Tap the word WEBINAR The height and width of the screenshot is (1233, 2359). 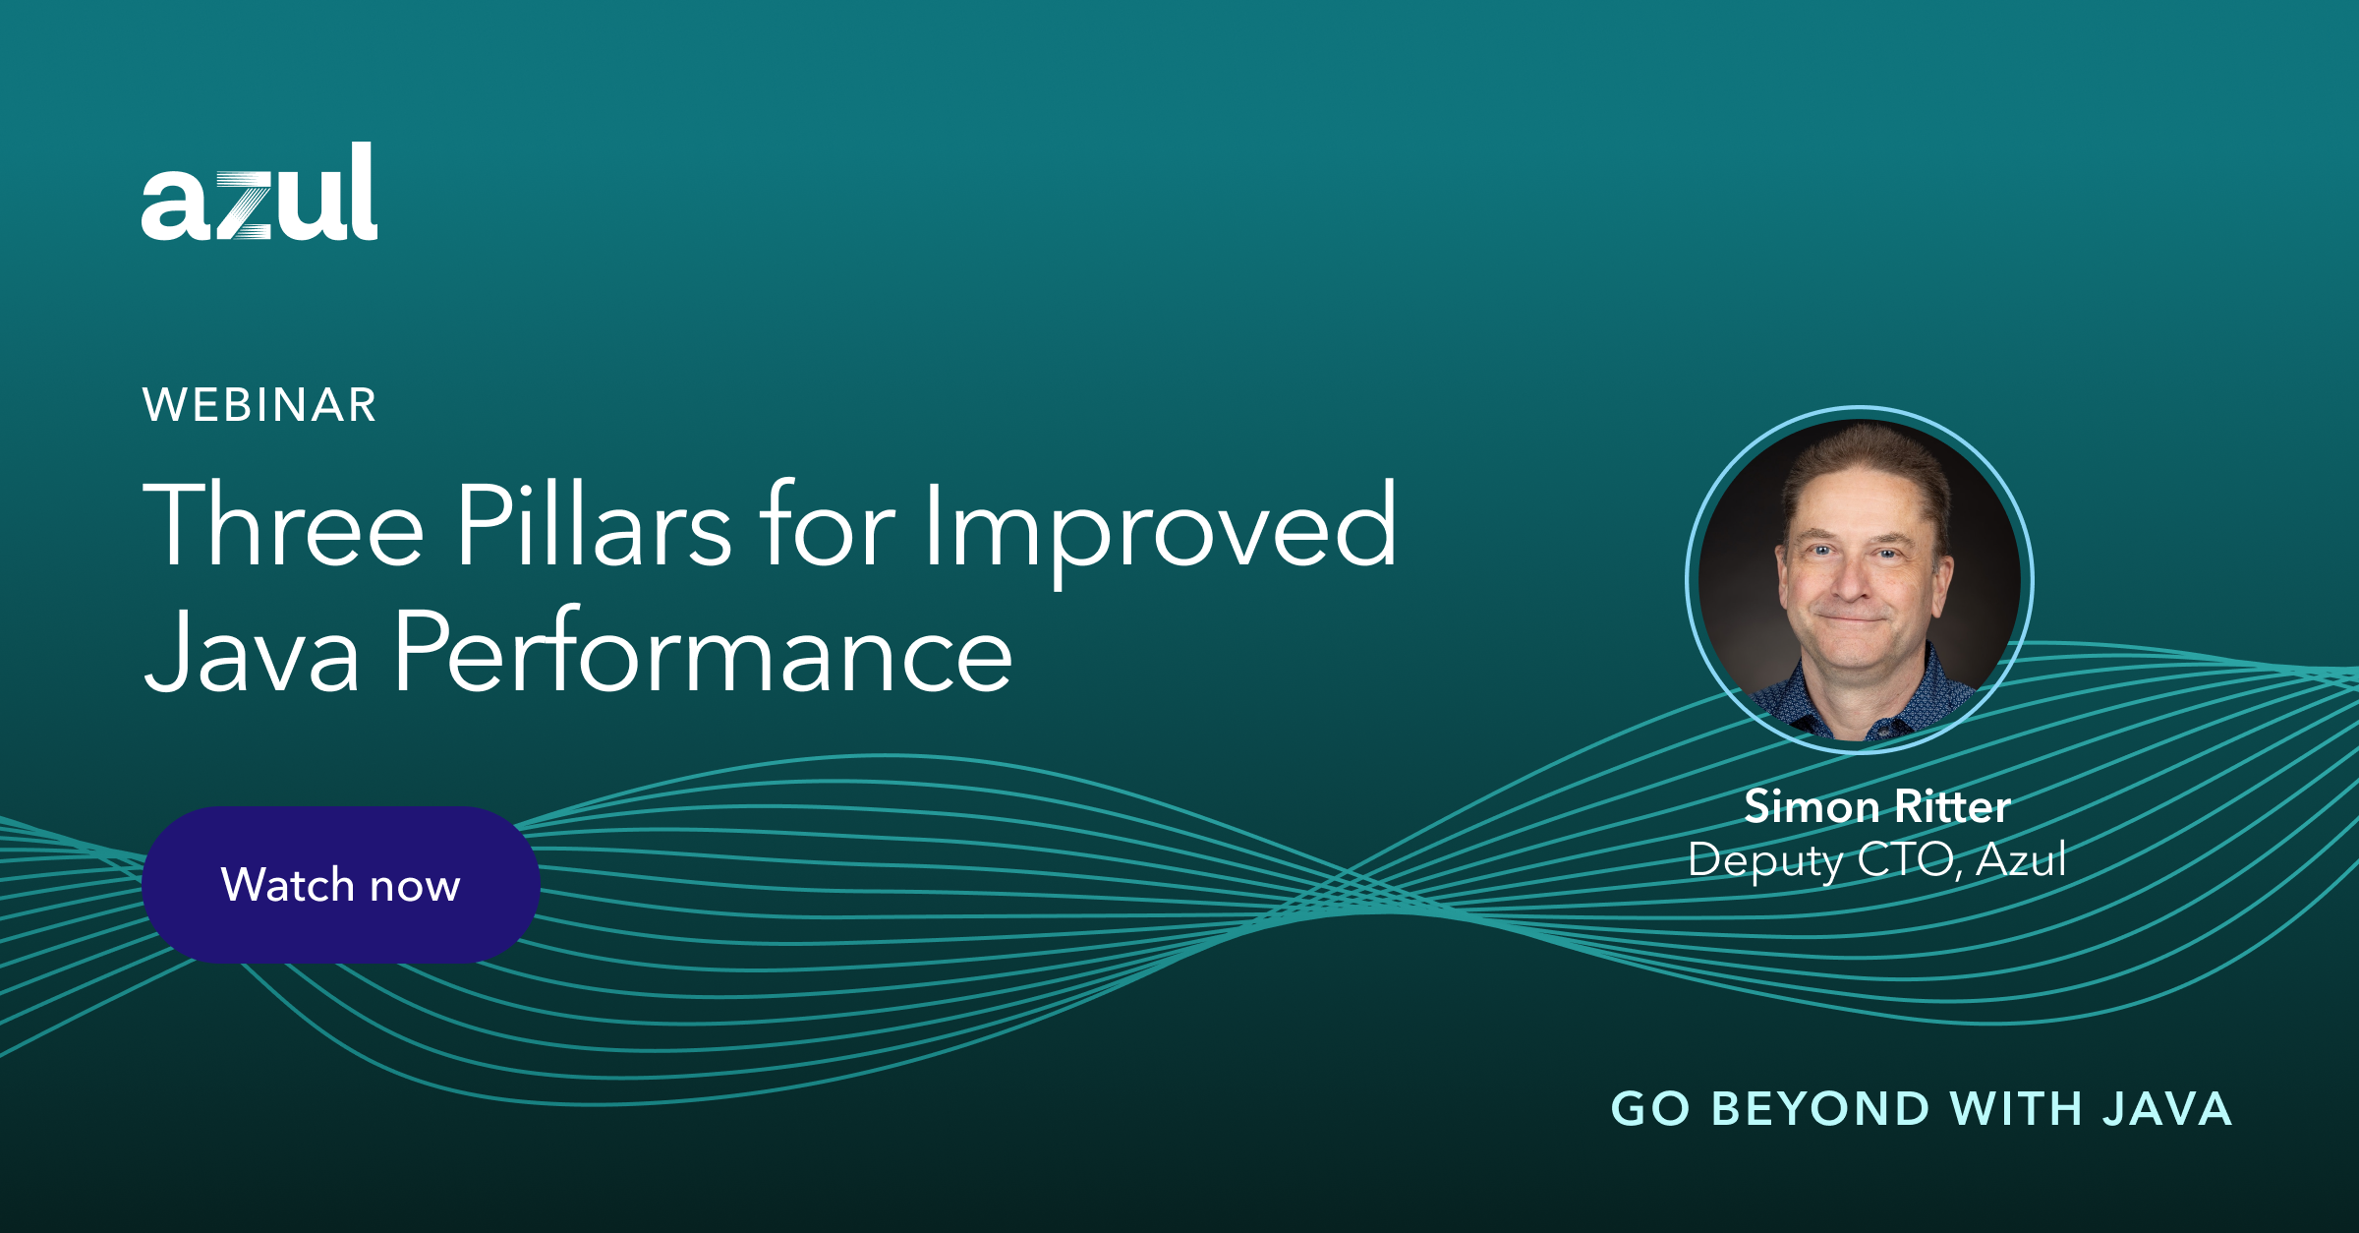tap(259, 405)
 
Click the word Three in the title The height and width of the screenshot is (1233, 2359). tap(283, 525)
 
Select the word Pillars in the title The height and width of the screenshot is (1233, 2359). tap(593, 525)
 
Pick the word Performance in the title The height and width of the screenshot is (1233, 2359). tap(703, 652)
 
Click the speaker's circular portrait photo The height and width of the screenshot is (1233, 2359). tap(1859, 580)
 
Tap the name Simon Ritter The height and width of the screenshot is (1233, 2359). tap(1877, 806)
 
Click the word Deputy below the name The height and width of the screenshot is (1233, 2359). tap(1764, 861)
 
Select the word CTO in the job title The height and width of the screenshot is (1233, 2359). tap(1907, 859)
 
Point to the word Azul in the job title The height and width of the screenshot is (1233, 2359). tap(2021, 859)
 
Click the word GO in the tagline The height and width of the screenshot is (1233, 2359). tap(1650, 1109)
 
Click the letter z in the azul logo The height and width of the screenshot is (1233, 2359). tap(242, 205)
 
